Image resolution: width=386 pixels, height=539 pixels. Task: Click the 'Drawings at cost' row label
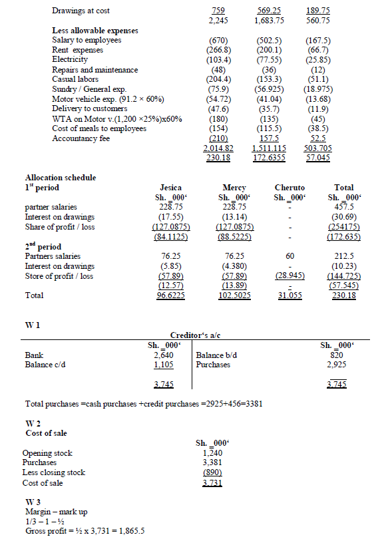click(81, 11)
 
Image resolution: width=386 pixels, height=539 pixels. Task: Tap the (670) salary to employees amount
click(219, 41)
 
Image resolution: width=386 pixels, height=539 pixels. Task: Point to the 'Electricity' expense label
click(70, 60)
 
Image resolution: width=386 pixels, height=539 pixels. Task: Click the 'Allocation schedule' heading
click(61, 178)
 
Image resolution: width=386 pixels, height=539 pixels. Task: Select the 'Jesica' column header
click(172, 188)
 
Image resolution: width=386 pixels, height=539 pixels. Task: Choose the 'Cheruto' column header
click(289, 188)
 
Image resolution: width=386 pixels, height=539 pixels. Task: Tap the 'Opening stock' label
click(47, 453)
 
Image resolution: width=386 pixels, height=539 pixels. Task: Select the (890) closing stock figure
click(212, 472)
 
